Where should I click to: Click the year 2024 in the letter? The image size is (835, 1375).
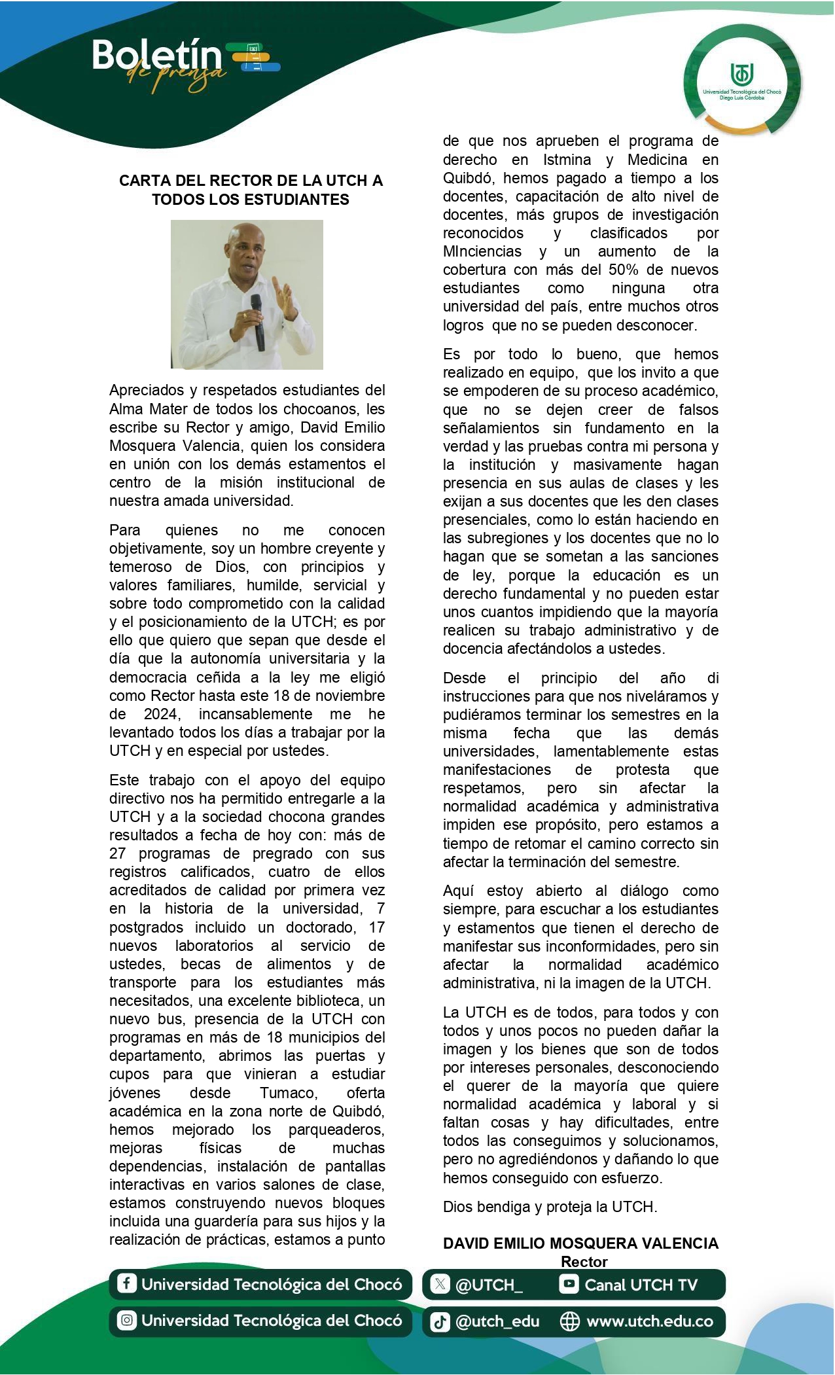click(161, 714)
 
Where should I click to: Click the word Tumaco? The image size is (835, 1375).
click(288, 1092)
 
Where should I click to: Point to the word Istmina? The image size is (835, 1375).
click(567, 160)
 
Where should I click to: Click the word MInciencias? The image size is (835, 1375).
click(482, 251)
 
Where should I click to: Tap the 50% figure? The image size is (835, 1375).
click(623, 270)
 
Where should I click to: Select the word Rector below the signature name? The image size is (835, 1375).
click(584, 1262)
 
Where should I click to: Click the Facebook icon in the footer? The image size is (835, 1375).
click(126, 1283)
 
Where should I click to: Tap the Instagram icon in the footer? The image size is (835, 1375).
click(126, 1320)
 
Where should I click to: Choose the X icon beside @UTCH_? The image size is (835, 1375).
click(440, 1284)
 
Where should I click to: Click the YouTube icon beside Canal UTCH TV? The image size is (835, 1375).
click(569, 1284)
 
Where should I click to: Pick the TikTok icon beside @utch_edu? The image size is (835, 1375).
click(440, 1321)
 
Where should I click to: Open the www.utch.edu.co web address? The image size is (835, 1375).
click(649, 1321)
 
